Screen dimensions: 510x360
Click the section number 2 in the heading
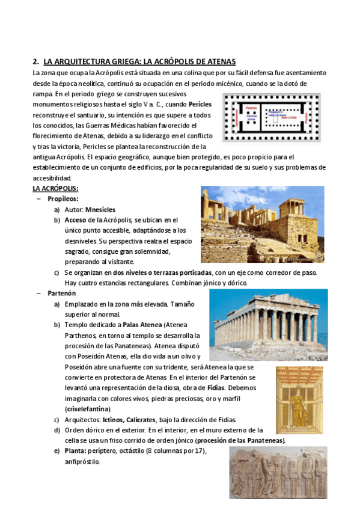(35, 62)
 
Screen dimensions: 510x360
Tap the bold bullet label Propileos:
(63, 198)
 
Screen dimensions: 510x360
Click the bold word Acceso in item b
(76, 220)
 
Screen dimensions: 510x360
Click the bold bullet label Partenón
(61, 293)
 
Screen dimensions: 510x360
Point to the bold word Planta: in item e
(78, 451)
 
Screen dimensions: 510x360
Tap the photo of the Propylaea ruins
(262, 223)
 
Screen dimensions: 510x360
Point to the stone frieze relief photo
(278, 472)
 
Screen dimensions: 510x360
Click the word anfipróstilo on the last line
(82, 462)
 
